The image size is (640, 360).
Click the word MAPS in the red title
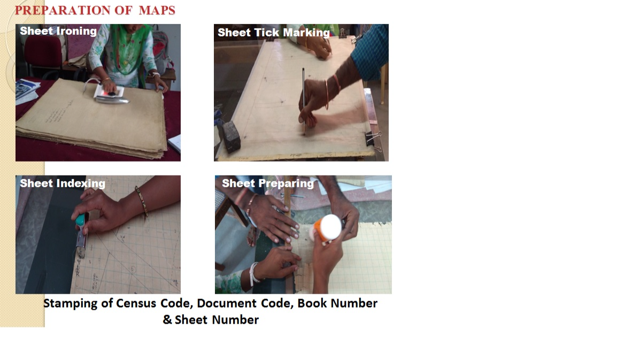(157, 10)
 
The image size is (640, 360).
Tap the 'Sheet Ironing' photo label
(58, 31)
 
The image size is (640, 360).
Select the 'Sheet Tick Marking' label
(273, 33)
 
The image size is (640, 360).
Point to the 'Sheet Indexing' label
(63, 183)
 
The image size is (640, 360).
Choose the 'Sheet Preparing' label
(268, 183)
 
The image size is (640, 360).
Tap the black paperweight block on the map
(231, 136)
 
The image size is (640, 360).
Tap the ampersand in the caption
(167, 319)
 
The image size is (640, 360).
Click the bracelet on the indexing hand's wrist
(141, 201)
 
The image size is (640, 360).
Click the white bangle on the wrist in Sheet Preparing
(255, 273)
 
